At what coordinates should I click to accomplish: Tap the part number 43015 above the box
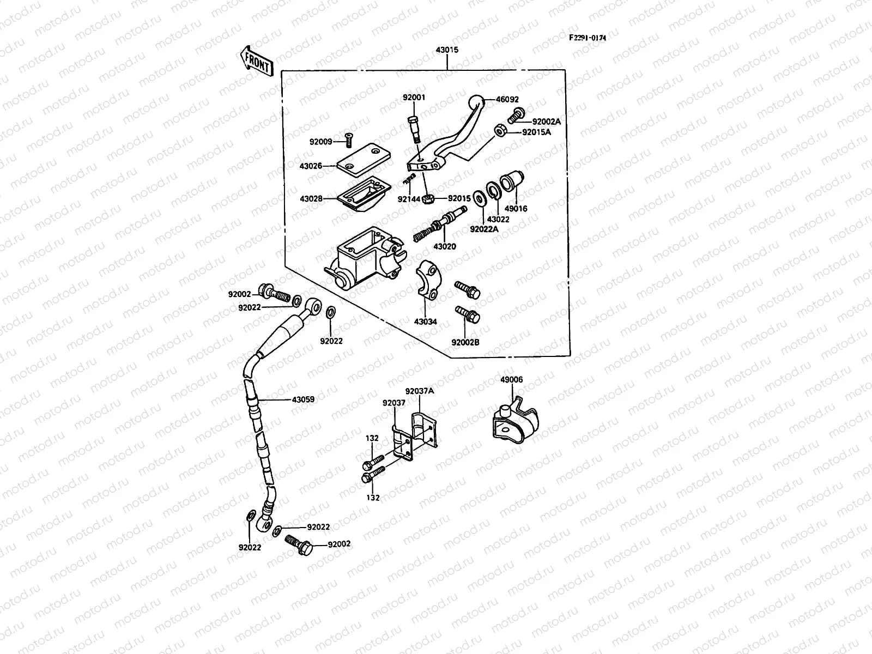[x=447, y=50]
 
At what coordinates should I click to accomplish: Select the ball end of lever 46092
[x=476, y=102]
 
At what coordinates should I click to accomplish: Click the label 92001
[x=414, y=98]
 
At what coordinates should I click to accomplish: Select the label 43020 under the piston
[x=444, y=246]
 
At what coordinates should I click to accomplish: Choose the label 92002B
[x=465, y=343]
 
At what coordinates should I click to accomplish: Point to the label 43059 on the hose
[x=303, y=399]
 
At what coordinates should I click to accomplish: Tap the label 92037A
[x=419, y=391]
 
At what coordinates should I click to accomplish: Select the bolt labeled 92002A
[x=514, y=115]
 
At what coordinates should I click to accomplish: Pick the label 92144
[x=408, y=199]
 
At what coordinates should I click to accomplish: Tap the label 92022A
[x=484, y=229]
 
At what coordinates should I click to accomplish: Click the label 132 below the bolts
[x=373, y=498]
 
